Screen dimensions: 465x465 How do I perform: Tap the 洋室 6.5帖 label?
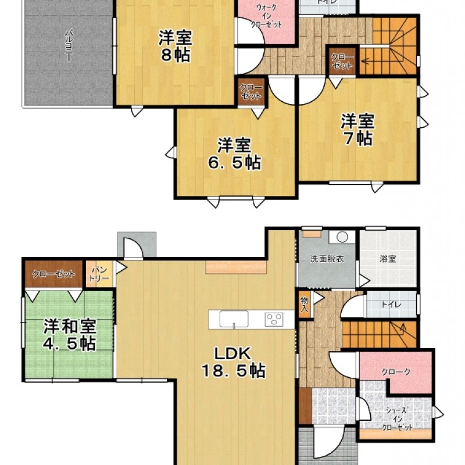[235, 153]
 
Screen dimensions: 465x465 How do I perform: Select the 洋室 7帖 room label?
[357, 130]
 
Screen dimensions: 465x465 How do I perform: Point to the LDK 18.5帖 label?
[233, 361]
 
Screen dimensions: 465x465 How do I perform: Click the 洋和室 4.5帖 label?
[69, 334]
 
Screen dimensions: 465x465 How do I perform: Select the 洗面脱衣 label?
[326, 259]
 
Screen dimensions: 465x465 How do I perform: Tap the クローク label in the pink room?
[396, 371]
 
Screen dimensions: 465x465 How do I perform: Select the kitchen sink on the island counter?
[233, 319]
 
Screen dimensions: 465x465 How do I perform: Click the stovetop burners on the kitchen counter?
[273, 319]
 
